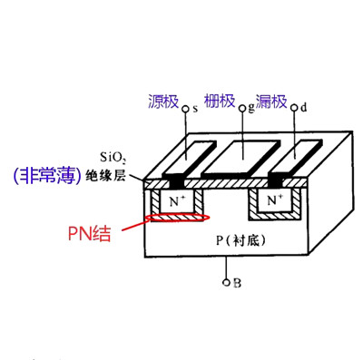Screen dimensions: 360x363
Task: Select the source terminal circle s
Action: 187,110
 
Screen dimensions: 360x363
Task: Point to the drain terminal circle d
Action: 295,109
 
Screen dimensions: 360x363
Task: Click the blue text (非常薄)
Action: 42,173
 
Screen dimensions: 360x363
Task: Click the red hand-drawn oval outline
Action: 179,217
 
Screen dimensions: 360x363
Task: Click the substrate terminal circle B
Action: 226,282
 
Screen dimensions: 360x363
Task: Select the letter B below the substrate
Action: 237,283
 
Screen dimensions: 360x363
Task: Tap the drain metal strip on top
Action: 292,154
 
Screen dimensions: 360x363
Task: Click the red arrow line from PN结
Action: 133,221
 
